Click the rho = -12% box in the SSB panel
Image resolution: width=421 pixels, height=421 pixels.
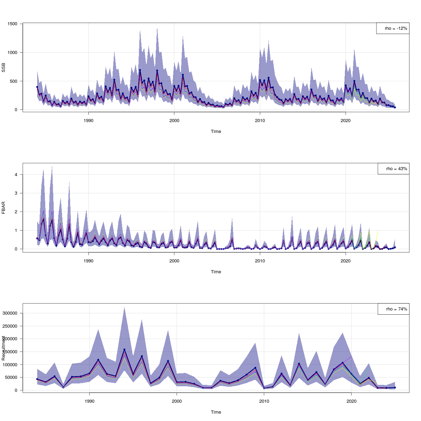point(393,28)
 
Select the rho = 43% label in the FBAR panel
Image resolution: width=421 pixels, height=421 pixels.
point(393,169)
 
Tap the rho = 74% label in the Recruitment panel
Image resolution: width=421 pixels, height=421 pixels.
point(393,309)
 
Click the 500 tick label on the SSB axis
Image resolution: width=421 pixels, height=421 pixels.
point(13,81)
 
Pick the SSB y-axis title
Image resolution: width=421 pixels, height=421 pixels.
point(4,67)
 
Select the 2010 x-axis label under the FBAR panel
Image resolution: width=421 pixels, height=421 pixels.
point(260,261)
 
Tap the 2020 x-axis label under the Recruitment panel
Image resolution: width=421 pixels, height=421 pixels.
point(351,401)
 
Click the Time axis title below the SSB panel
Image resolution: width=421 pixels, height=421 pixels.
point(216,132)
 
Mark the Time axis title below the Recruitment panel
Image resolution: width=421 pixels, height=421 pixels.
point(216,412)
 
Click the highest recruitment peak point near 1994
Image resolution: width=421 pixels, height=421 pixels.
point(124,349)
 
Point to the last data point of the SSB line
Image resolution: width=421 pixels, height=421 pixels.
point(395,107)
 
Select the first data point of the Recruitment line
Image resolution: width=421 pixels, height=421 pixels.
point(37,379)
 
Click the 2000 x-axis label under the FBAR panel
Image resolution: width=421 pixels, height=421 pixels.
point(174,261)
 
